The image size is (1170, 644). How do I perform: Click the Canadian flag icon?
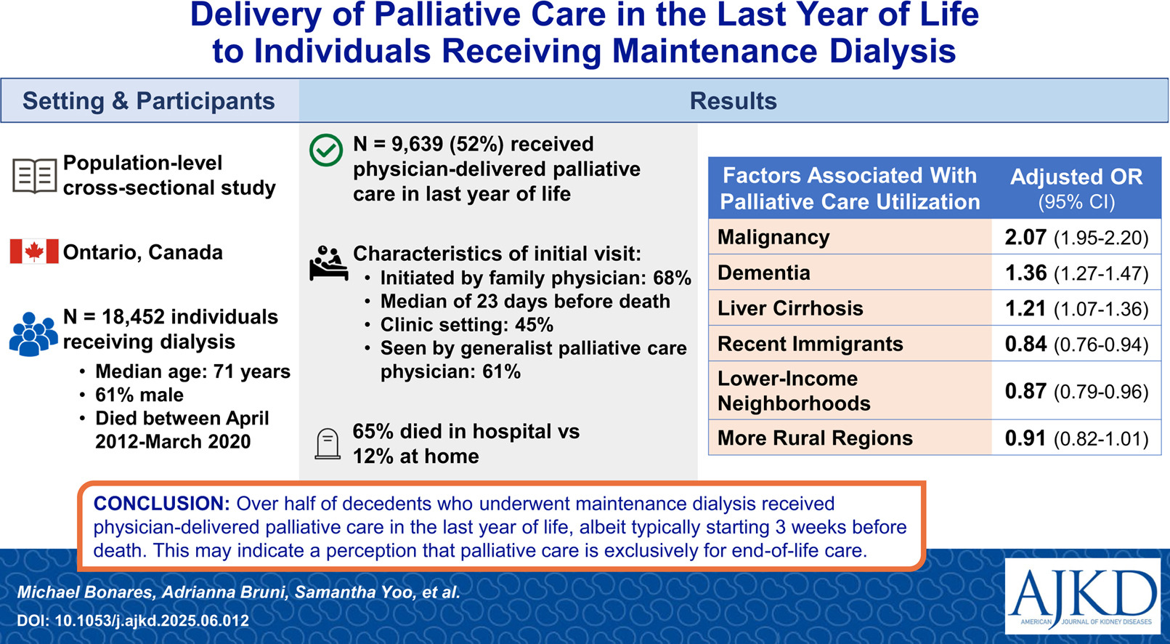(34, 251)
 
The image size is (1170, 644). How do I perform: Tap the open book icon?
(34, 176)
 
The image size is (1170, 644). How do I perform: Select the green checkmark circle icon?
(326, 150)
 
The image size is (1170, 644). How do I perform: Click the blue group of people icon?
(33, 334)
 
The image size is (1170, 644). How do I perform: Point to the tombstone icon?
(328, 444)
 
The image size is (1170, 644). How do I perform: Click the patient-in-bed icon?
(328, 263)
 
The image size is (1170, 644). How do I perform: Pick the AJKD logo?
(1082, 596)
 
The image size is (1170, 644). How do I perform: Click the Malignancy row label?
(773, 237)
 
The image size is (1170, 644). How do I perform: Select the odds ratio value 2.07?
(1025, 237)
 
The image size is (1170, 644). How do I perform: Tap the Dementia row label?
(763, 273)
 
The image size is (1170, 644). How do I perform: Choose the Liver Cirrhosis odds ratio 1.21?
(1025, 308)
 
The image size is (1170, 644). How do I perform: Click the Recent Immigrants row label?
(810, 344)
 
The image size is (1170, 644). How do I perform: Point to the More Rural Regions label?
(815, 438)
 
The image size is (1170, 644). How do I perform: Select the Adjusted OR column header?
(1076, 188)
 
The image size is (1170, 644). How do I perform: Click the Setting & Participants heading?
(148, 101)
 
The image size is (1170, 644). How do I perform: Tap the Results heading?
(733, 101)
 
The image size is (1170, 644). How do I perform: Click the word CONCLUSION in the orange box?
(161, 504)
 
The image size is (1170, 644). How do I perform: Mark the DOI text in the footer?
(133, 621)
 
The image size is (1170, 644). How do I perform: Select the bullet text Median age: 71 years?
(192, 371)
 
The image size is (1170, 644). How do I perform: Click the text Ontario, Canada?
(142, 252)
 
